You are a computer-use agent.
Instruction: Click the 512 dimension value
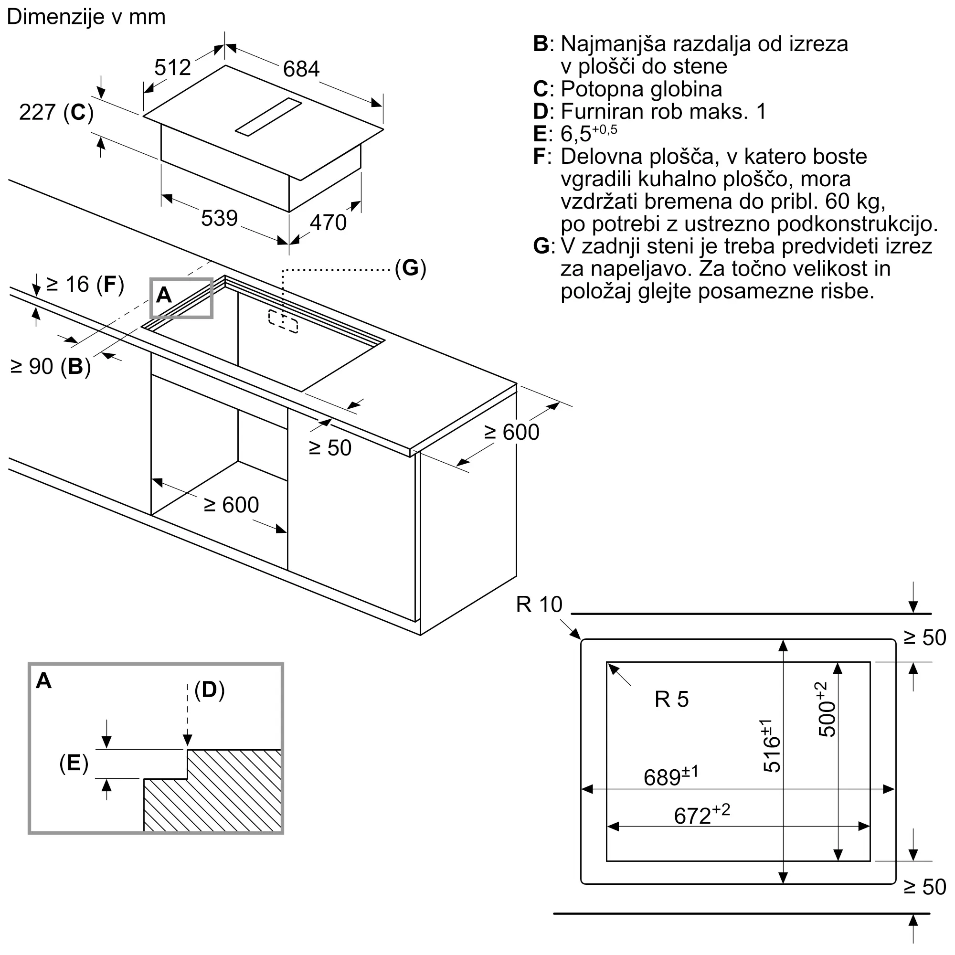172,67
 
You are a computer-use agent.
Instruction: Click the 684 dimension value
301,69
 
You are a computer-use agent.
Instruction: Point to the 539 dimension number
219,218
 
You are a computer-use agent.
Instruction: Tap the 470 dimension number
328,223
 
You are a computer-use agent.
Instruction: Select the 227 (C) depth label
56,113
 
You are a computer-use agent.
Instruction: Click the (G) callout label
410,268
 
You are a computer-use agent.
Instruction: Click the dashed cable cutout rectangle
283,321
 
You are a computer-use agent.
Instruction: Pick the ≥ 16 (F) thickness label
85,285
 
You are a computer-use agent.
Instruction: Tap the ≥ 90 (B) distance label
51,367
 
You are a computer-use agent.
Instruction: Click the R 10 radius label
539,605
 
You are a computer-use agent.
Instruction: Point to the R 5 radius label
671,700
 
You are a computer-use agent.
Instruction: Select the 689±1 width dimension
671,776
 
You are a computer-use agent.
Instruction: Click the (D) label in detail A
210,690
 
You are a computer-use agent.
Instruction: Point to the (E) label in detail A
74,764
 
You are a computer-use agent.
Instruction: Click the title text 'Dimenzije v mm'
86,17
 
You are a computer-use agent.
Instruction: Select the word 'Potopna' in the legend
602,89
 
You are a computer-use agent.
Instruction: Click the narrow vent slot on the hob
268,117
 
